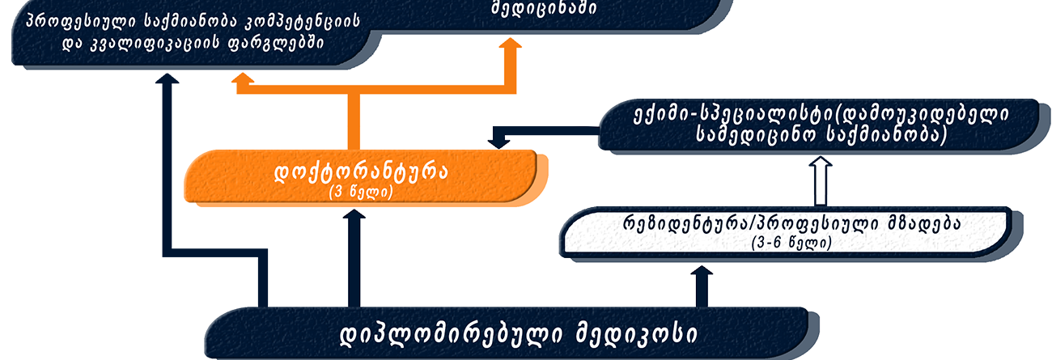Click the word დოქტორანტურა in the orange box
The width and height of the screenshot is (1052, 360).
361,173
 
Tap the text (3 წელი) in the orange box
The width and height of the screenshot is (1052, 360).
361,193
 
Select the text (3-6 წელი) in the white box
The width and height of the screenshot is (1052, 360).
791,243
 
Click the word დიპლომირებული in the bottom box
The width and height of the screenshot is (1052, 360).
451,335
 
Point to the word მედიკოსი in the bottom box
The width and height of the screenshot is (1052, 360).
637,335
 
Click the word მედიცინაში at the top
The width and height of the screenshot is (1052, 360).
545,8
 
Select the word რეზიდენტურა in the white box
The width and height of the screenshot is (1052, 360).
685,224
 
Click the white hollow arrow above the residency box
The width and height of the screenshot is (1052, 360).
821,181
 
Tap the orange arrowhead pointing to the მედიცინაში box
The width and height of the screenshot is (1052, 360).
510,43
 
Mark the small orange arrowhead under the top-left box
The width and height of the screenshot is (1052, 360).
243,78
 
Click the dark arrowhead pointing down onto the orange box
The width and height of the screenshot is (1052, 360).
498,142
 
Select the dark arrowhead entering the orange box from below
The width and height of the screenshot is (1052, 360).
354,214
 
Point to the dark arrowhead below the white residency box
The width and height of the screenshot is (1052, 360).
702,270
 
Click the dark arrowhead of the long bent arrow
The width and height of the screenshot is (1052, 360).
168,78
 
